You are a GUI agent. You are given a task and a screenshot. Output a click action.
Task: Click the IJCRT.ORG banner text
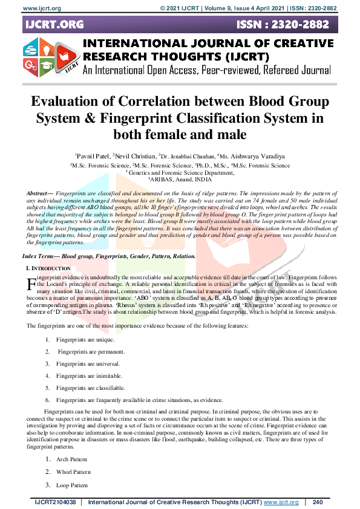tap(54, 25)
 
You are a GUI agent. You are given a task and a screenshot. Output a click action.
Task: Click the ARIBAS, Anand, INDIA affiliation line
tap(180, 180)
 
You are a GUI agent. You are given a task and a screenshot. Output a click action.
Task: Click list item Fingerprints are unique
tap(80, 340)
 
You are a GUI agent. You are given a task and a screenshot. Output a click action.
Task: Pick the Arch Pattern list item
tap(71, 459)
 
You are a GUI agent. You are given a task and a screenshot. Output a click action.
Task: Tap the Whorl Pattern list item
tap(73, 472)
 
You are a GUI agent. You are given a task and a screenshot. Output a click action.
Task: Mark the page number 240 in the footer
tap(318, 502)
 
